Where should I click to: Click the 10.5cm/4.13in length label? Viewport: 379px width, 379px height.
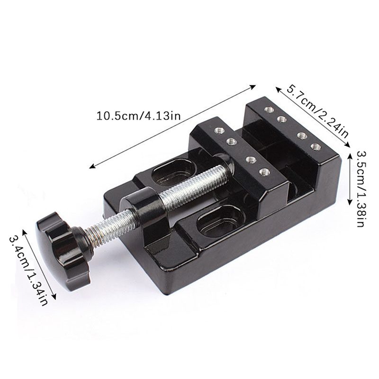(x=138, y=116)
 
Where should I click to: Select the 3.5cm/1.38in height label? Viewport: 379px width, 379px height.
(x=361, y=189)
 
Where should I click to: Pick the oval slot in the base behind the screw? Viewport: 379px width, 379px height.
(x=173, y=171)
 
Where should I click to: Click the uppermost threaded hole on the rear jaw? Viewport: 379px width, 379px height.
(x=269, y=110)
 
